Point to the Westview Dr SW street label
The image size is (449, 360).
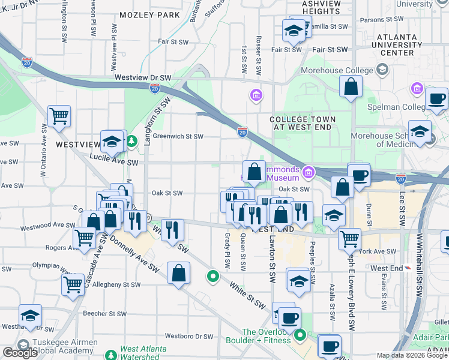pyautogui.click(x=143, y=78)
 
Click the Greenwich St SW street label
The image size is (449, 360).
pyautogui.click(x=178, y=136)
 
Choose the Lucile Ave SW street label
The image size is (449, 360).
pyautogui.click(x=114, y=163)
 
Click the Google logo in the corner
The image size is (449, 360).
pyautogui.click(x=20, y=353)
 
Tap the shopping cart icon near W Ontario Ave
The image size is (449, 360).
pyautogui.click(x=59, y=115)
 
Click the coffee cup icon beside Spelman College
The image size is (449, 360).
pyautogui.click(x=436, y=98)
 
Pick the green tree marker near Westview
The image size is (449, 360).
pyautogui.click(x=131, y=142)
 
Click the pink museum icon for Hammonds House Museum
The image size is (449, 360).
pyautogui.click(x=309, y=173)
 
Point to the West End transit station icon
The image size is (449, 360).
pyautogui.click(x=409, y=268)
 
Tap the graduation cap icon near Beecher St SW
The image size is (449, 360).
pyautogui.click(x=29, y=316)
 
